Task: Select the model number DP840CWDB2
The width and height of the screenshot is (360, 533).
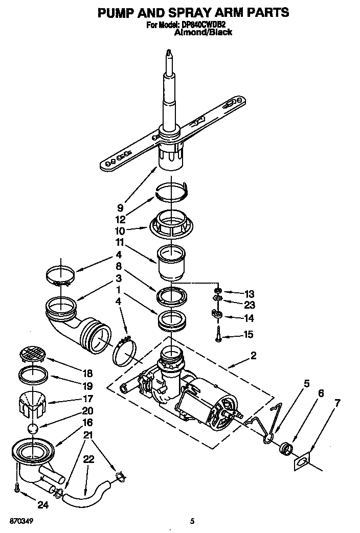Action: [204, 24]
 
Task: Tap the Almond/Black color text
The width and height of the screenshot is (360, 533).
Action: [203, 32]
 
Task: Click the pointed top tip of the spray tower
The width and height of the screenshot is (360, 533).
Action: [168, 52]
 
